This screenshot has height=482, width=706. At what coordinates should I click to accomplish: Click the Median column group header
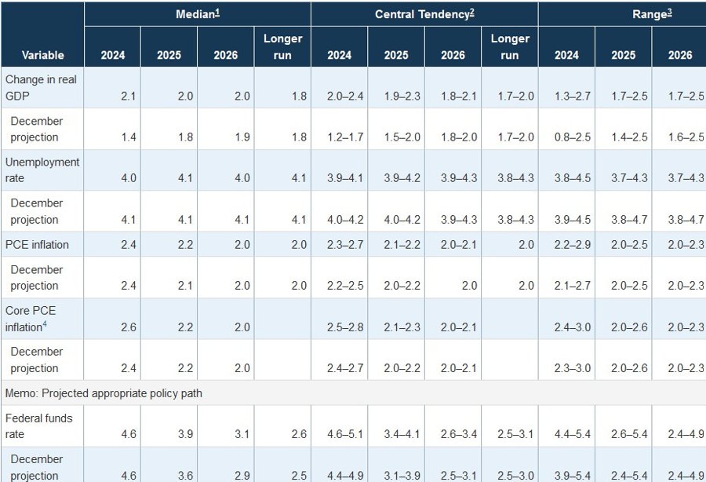point(197,13)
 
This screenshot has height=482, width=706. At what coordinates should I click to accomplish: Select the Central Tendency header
point(424,13)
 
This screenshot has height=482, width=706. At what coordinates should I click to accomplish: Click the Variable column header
point(42,55)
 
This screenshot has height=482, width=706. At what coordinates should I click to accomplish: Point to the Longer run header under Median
point(282,46)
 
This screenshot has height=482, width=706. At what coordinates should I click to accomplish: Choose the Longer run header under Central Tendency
point(509,46)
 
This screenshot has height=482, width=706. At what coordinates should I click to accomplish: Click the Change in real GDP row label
point(41,87)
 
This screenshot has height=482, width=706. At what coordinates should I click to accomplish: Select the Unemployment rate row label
point(42,170)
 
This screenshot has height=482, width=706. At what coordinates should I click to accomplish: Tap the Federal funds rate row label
point(38,426)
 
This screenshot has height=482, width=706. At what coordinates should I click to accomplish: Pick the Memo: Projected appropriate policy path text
point(104,393)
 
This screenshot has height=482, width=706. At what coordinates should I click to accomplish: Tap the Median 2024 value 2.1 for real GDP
point(129,96)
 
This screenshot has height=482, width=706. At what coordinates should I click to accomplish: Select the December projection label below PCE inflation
point(36,277)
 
